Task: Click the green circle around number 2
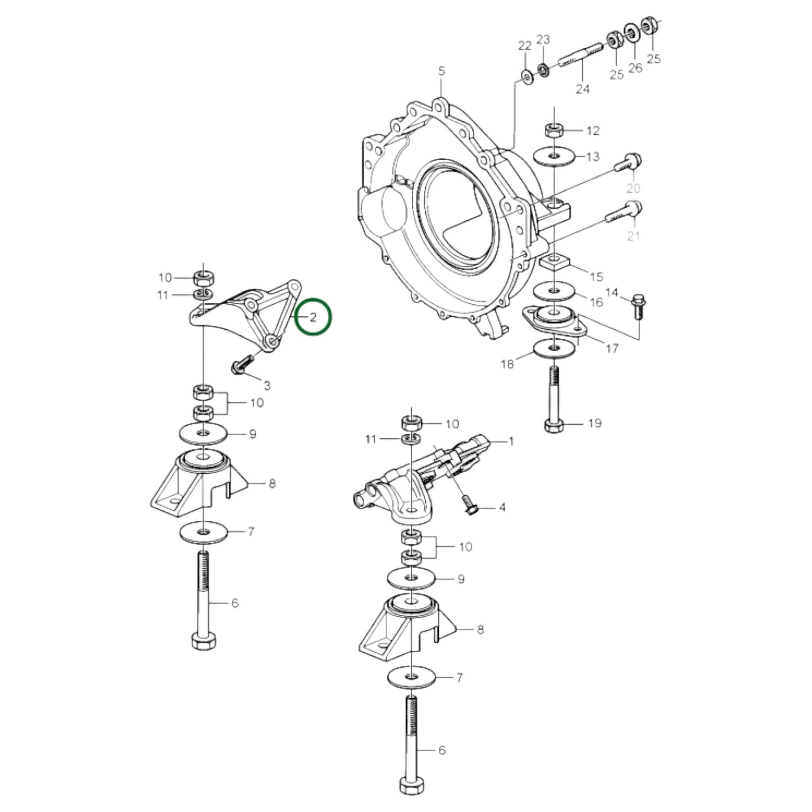point(314,317)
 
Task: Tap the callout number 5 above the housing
point(441,71)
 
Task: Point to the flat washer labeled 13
point(554,156)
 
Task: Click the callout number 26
point(635,68)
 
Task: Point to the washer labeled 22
point(527,75)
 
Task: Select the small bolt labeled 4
point(469,505)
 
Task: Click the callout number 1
point(511,442)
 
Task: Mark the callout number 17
point(613,348)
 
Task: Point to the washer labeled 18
point(554,350)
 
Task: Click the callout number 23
point(543,39)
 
